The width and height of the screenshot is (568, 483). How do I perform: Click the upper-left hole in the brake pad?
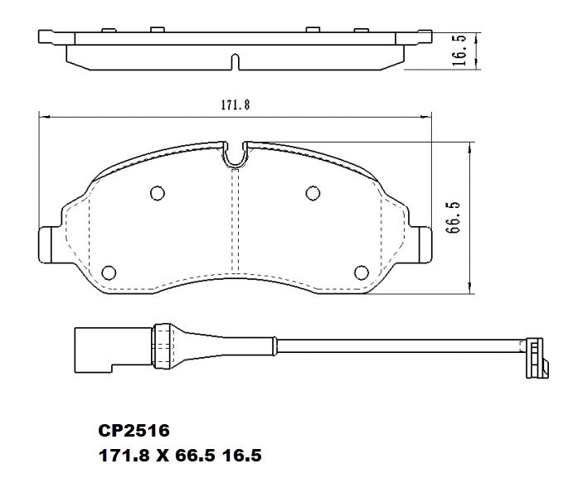click(x=156, y=193)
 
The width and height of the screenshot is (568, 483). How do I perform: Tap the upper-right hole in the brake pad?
click(x=313, y=193)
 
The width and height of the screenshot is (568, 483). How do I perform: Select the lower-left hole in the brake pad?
click(x=108, y=272)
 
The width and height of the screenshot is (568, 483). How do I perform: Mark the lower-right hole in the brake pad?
click(x=361, y=272)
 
